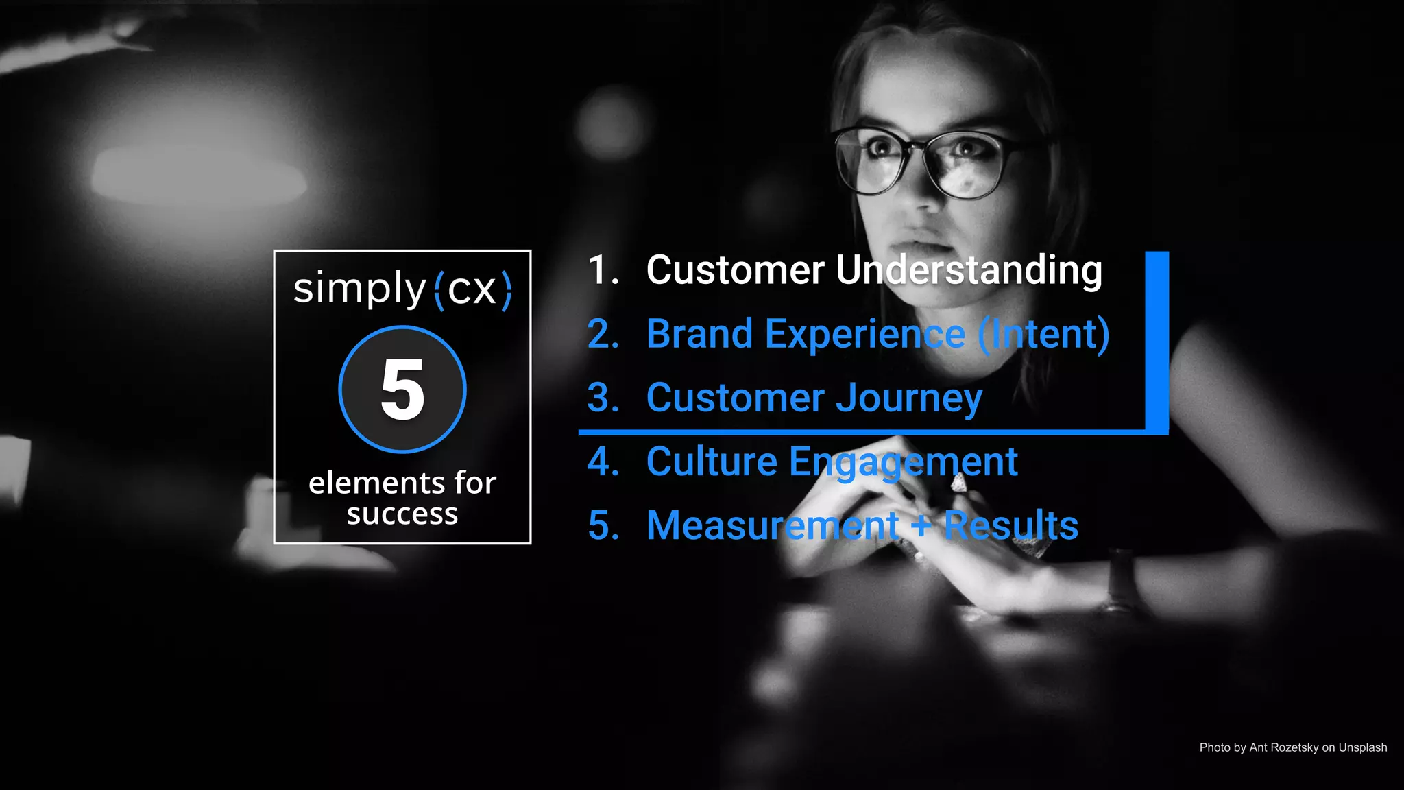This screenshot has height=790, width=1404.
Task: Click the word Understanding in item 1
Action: (969, 270)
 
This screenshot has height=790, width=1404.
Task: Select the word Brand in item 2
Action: (699, 334)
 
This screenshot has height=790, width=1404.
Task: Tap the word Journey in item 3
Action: (909, 398)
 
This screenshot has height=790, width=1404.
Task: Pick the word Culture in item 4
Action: (712, 462)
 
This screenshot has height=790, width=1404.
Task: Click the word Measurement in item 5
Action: (772, 526)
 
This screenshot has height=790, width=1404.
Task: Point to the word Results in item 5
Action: (1010, 526)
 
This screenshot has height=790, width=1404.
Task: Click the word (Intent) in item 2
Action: (1043, 334)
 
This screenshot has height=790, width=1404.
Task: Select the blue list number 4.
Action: (603, 462)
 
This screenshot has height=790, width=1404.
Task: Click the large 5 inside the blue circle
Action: (402, 390)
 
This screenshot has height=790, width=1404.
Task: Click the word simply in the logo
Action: (359, 289)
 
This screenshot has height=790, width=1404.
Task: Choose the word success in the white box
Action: (402, 514)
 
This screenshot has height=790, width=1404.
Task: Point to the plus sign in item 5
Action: (921, 526)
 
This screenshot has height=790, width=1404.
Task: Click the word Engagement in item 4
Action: (903, 462)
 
